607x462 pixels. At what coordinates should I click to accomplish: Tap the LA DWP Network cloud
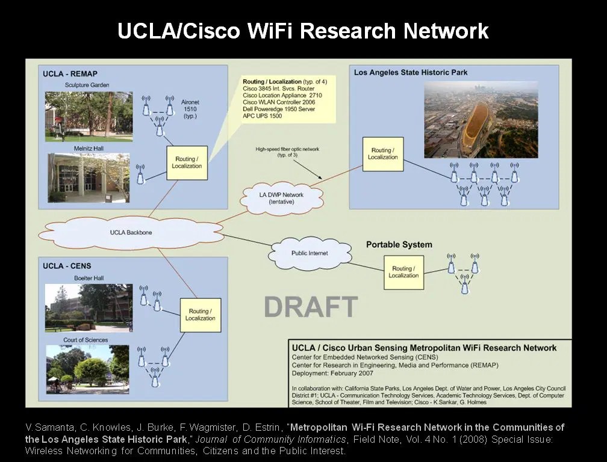[281, 199]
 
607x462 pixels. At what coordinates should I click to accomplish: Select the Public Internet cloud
[310, 253]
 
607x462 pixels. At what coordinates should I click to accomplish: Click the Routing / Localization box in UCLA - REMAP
[187, 162]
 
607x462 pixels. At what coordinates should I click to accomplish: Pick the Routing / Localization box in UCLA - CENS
[200, 315]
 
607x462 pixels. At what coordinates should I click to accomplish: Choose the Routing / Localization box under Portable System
[403, 272]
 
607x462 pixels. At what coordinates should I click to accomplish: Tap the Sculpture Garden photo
[89, 116]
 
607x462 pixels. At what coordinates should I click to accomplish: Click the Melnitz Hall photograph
[89, 177]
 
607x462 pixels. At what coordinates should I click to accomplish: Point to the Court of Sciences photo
[88, 369]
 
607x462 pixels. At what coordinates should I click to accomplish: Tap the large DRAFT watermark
[311, 307]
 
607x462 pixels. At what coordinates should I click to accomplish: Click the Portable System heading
[399, 244]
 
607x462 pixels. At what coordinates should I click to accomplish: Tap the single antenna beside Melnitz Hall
[141, 174]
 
